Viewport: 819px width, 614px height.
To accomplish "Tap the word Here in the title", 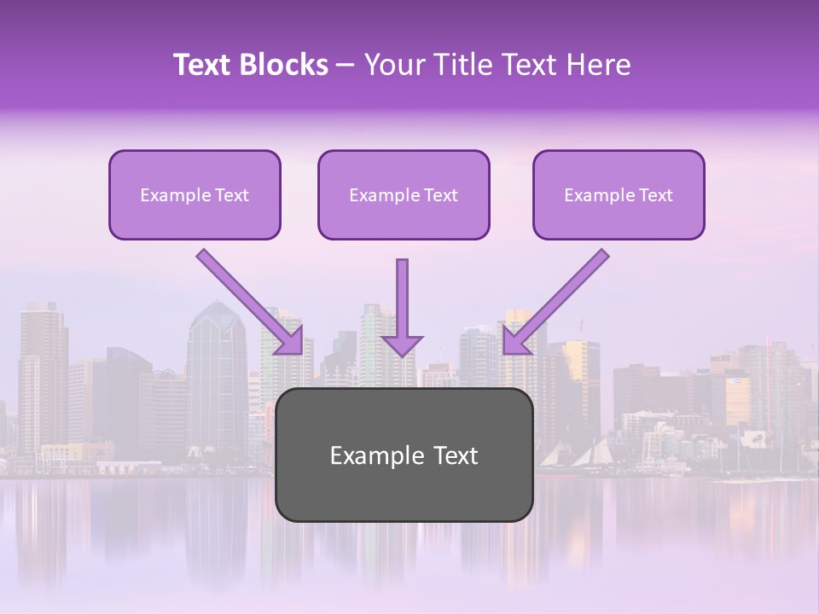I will point(598,65).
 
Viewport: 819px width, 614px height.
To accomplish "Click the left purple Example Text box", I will point(195,194).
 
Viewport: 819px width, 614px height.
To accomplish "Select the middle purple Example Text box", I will point(404,194).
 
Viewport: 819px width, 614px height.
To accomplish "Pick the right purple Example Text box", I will point(619,194).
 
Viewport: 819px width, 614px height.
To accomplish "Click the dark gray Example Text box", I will point(404,455).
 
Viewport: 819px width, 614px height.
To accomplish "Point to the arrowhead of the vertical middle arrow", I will point(402,345).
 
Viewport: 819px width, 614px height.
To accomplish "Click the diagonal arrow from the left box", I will point(247,299).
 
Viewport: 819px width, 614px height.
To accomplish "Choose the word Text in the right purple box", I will point(655,195).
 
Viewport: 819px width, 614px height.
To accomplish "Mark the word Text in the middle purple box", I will point(440,195).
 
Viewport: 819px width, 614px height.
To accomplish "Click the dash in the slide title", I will point(346,65).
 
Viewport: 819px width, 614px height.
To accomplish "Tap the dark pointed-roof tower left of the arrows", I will point(216,367).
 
